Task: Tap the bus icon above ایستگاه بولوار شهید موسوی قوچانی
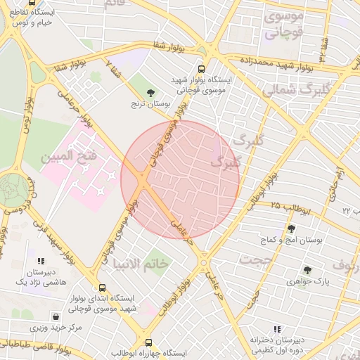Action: click(201, 69)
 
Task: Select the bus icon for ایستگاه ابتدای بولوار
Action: click(103, 288)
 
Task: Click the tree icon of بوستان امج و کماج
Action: click(291, 228)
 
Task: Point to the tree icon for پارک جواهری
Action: click(307, 269)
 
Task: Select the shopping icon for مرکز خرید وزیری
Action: click(56, 316)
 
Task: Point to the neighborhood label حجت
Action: click(255, 259)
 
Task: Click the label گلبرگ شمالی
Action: click(295, 90)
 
